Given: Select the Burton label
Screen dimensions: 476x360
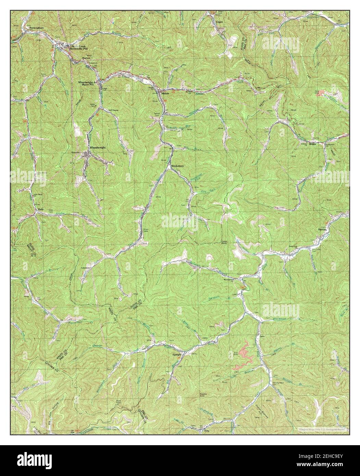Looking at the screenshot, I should click(x=86, y=58).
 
